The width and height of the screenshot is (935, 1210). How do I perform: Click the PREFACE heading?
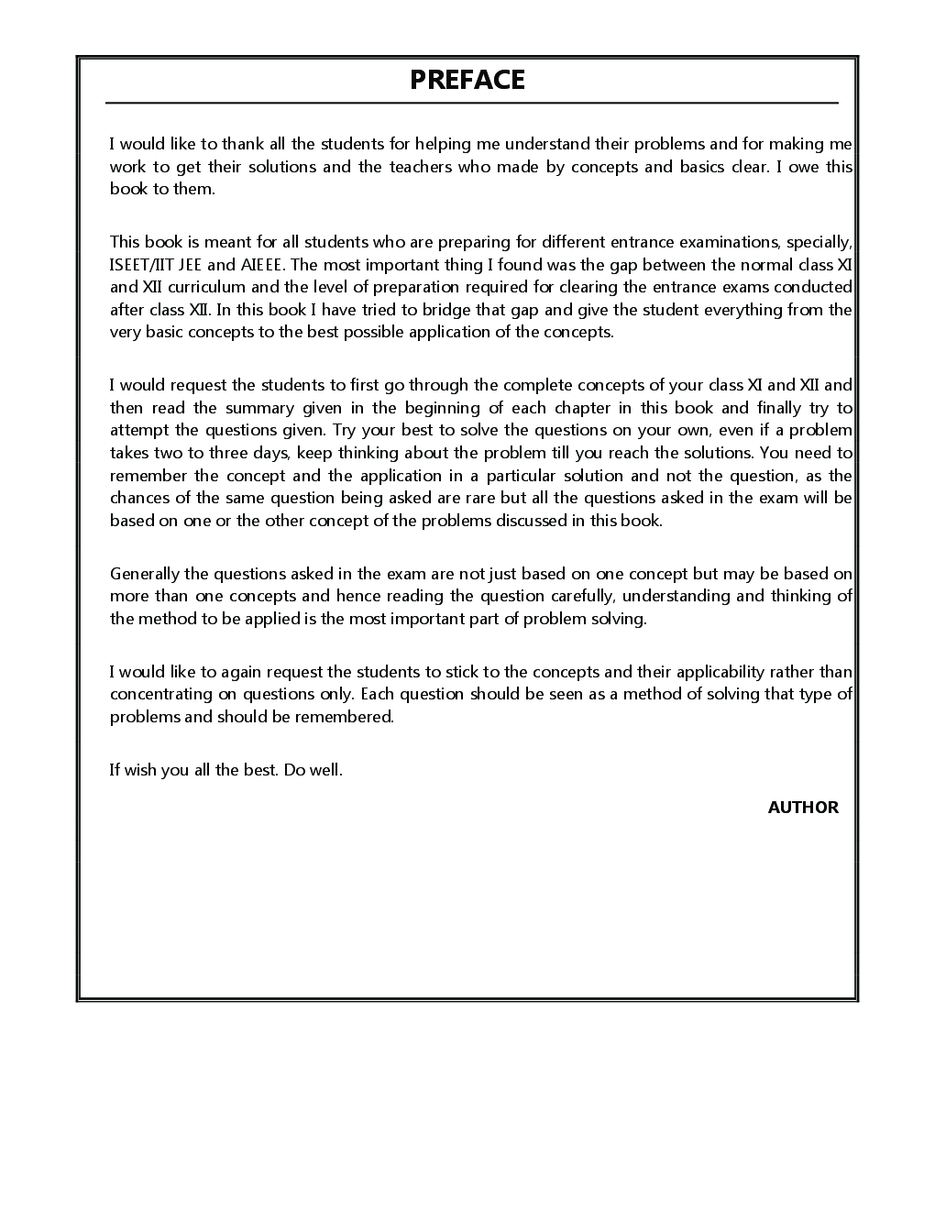click(x=467, y=80)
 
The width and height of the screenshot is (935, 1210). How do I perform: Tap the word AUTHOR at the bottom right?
click(x=803, y=808)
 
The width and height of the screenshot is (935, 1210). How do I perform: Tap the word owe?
click(x=804, y=167)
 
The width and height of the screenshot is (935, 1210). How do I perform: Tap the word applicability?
click(x=677, y=672)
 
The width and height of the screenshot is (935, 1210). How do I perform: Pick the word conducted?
click(x=812, y=287)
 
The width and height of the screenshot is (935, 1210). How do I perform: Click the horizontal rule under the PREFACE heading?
click(x=471, y=103)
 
